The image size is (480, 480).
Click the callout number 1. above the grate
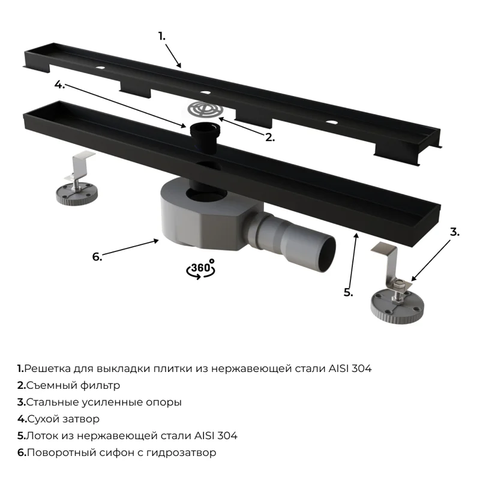click(162, 36)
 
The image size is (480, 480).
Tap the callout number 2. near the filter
click(270, 137)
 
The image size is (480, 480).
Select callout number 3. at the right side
click(454, 232)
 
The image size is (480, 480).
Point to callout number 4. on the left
click(59, 85)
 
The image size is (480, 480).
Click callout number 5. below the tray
click(349, 292)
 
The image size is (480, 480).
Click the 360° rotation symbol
click(202, 268)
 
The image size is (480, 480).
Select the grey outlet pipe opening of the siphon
click(326, 252)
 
